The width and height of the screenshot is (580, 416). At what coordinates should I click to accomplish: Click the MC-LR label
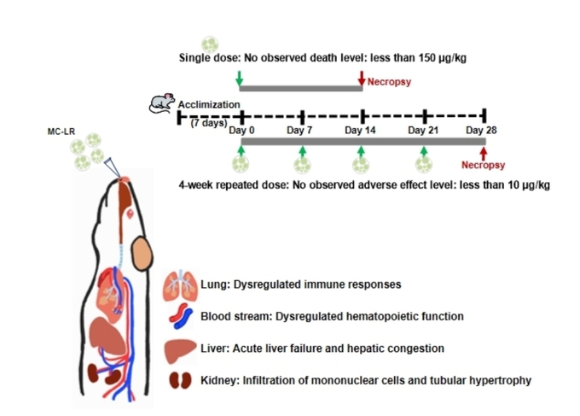tap(63, 132)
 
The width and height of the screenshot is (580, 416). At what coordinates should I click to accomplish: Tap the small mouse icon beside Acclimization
tap(160, 103)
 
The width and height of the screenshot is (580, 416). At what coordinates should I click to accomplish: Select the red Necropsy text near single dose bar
tap(388, 84)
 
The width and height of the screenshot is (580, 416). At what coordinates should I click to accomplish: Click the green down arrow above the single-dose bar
tap(240, 79)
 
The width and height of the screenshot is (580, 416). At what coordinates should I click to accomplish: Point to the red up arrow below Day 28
tap(484, 151)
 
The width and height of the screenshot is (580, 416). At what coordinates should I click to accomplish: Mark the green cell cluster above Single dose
tap(209, 43)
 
